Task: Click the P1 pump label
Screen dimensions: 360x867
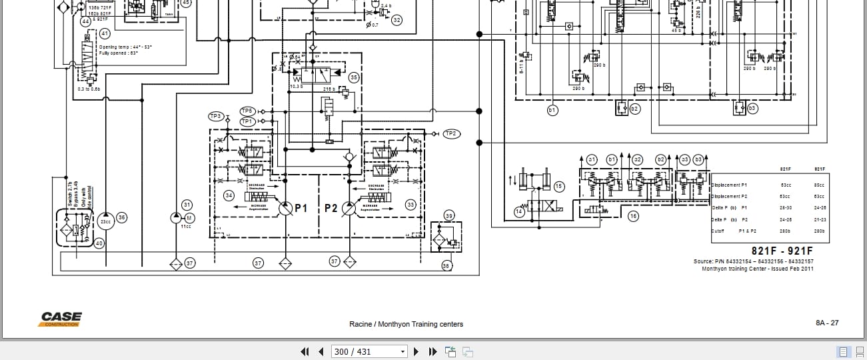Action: pos(301,208)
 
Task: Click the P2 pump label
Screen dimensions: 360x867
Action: pos(331,208)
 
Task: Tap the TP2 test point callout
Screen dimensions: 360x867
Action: pos(451,134)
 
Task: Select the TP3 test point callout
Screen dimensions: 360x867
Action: pos(215,116)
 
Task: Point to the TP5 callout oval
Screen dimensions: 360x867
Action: pos(247,111)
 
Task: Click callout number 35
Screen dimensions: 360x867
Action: pos(354,77)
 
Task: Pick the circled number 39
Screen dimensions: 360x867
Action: pos(449,215)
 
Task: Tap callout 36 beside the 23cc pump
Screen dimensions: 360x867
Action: pos(121,217)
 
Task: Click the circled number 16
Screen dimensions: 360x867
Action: pos(633,216)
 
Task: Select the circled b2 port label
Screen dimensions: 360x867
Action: pos(634,108)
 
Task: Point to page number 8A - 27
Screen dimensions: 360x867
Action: pos(827,323)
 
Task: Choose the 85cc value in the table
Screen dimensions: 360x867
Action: pos(819,185)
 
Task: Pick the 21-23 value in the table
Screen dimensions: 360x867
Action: pos(819,219)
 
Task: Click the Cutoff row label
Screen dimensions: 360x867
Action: pos(718,231)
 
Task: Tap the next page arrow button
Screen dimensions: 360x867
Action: pos(416,351)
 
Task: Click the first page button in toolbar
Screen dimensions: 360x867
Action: pos(305,351)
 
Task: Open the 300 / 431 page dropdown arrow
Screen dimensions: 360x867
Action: pos(403,351)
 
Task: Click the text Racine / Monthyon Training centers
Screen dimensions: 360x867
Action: pos(406,324)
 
